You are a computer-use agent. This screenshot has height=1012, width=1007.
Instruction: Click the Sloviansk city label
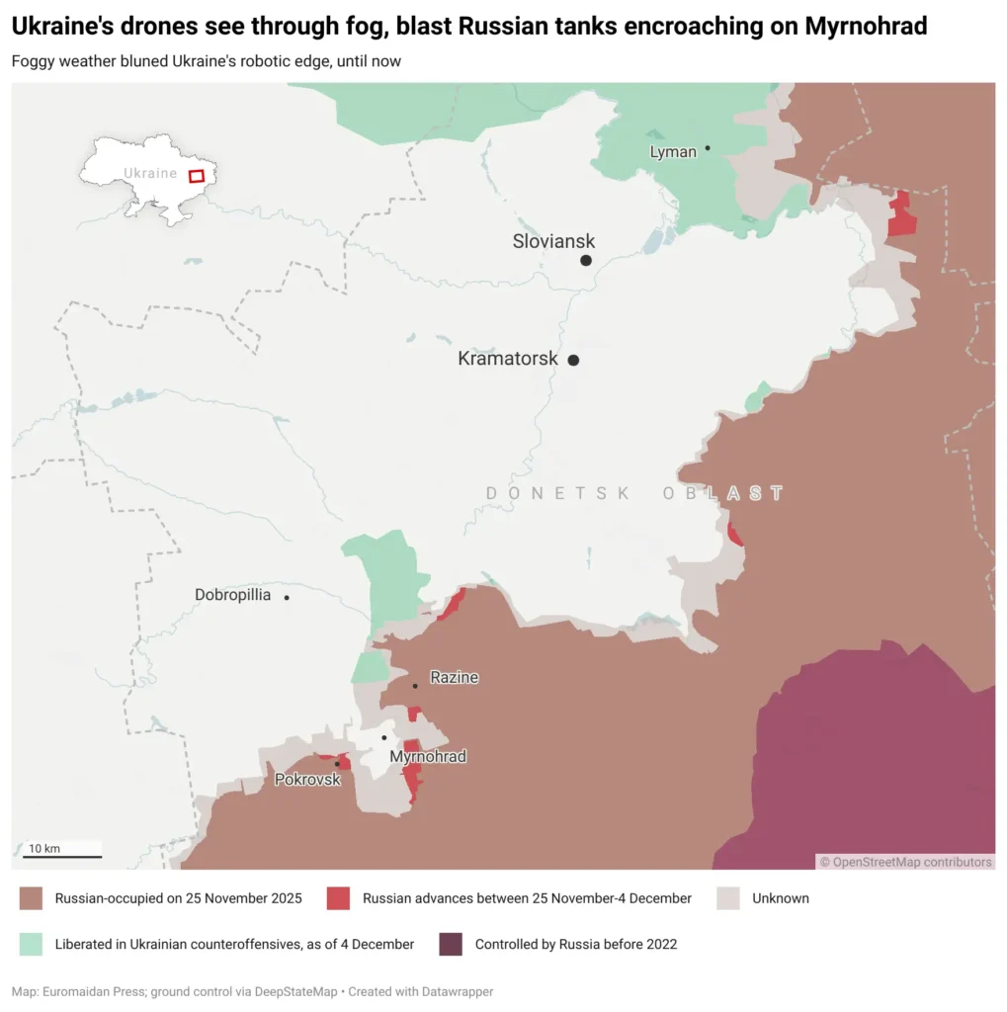[553, 241]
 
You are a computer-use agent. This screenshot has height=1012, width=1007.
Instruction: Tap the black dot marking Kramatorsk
[573, 360]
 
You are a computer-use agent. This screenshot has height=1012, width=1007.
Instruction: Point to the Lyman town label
[673, 152]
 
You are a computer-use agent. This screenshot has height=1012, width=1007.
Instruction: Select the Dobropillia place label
[232, 595]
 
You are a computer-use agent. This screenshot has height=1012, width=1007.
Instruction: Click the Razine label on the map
[454, 678]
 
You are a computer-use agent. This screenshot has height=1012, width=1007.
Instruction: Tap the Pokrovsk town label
[306, 780]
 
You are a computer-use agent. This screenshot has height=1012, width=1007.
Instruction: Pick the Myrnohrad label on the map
[427, 757]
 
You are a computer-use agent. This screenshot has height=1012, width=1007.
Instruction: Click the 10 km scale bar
[62, 855]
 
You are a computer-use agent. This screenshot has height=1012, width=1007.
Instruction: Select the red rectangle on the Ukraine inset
[197, 176]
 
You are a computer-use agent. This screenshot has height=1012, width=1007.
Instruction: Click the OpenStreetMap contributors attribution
[905, 862]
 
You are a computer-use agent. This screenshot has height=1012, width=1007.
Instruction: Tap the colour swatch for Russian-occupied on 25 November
[31, 898]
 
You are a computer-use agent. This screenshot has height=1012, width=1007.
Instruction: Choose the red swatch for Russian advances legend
[339, 898]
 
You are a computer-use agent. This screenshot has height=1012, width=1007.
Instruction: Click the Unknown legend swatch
[728, 898]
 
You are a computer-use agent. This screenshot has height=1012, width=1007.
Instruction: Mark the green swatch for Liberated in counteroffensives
[31, 944]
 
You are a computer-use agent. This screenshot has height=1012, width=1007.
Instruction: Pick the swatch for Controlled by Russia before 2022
[451, 944]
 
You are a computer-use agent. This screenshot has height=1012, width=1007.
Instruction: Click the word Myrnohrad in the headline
[866, 27]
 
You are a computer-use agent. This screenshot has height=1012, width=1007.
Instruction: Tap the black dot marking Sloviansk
[586, 260]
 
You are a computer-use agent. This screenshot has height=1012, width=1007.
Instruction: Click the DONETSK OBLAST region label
[635, 493]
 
